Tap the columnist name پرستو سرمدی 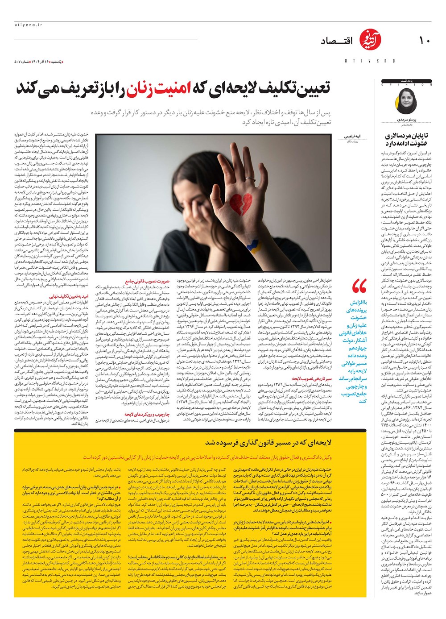click(406, 120)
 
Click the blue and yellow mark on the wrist click(252, 245)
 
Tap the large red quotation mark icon click(359, 287)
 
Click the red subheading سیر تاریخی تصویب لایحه click(312, 378)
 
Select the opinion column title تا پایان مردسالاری click(406, 139)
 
